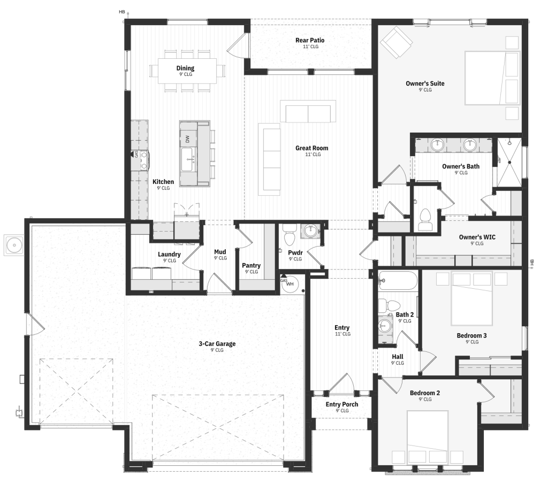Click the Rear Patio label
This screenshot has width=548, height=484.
tap(310, 40)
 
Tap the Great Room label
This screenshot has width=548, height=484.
tap(312, 148)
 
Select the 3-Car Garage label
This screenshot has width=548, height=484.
tap(217, 344)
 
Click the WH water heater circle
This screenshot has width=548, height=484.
tap(290, 283)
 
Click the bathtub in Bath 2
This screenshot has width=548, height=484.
tap(398, 280)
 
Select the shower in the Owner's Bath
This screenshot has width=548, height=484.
tap(509, 163)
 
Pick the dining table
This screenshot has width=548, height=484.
tap(187, 71)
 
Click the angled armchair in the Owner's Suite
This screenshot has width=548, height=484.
tap(397, 42)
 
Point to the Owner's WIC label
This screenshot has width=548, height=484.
tap(477, 237)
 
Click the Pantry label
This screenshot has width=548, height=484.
tap(252, 265)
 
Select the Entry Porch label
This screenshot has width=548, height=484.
tap(342, 404)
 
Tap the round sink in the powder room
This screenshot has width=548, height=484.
tap(310, 231)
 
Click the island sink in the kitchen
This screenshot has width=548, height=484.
tap(188, 159)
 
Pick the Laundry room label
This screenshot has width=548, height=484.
tap(169, 254)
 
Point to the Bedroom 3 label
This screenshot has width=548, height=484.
tap(471, 335)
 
